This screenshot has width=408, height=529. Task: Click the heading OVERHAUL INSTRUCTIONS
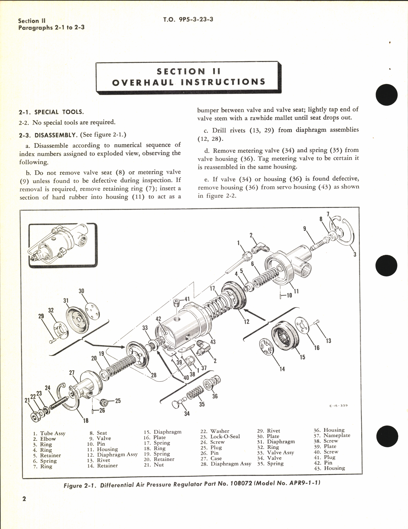pos(189,82)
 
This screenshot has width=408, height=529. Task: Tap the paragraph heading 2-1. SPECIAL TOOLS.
pos(51,112)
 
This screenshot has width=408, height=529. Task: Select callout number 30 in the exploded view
pos(81,291)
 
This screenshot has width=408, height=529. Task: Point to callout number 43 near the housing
pos(213,342)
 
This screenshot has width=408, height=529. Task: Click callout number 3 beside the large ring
pos(355,255)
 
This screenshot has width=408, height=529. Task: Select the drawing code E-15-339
pos(338,405)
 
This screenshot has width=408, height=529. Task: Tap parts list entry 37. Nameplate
pos(332,436)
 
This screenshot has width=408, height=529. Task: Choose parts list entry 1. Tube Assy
pos(49,433)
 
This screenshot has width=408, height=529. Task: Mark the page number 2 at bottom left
pos(24,508)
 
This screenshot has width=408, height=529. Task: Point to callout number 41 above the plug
pos(187,299)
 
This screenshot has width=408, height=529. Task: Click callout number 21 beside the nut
pos(27,401)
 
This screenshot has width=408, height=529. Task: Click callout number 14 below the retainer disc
pos(282,369)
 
